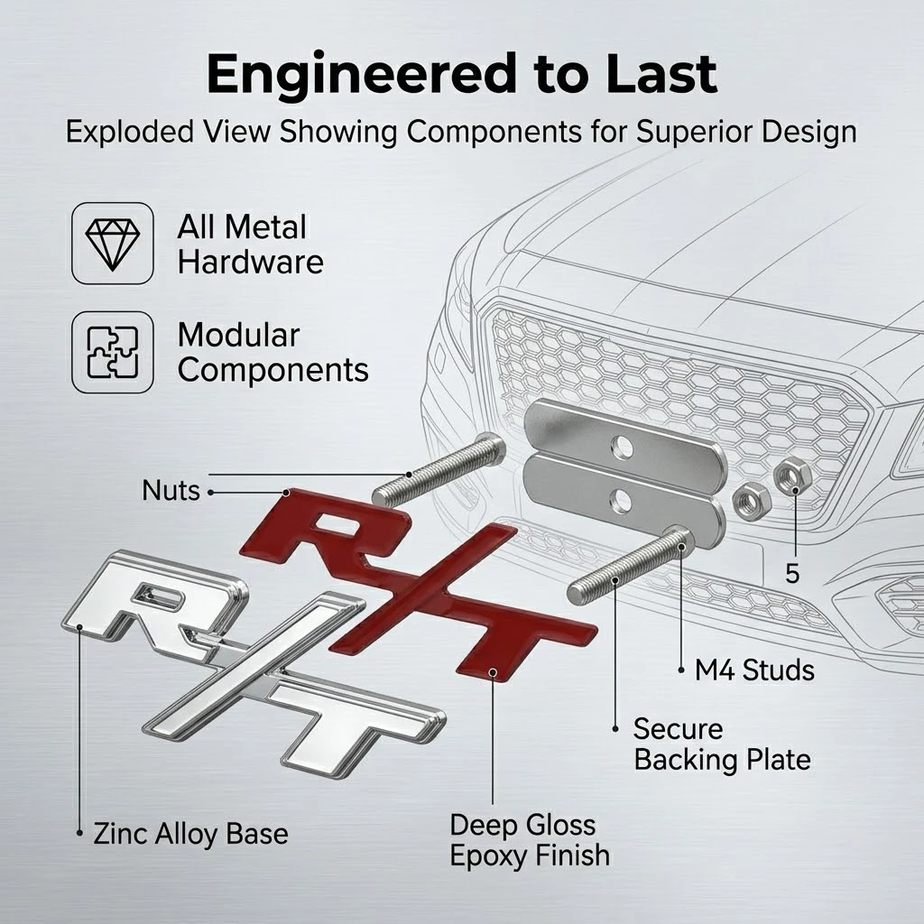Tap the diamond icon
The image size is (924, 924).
113,244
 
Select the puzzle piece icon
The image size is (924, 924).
113,353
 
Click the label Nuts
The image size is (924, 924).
171,490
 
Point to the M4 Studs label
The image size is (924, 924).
754,670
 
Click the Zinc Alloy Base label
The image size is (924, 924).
191,834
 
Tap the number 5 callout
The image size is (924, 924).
792,573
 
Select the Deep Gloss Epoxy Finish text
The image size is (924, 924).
529,840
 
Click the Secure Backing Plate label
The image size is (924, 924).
722,744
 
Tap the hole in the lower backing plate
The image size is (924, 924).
619,502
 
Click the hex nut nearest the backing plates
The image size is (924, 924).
752,502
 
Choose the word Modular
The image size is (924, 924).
238,335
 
